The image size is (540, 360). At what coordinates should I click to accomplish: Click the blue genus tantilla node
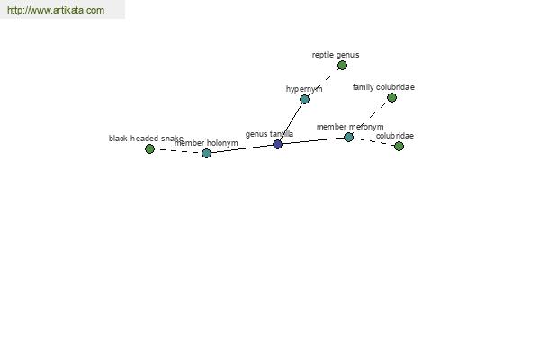tap(277, 144)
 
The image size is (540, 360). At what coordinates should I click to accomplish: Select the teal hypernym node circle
tap(304, 100)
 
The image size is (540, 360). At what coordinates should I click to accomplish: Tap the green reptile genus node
tap(342, 65)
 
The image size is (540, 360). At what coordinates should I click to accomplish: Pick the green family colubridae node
tap(391, 98)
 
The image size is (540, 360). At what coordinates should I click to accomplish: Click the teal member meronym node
tap(349, 137)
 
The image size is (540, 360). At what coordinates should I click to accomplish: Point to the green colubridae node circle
tap(399, 147)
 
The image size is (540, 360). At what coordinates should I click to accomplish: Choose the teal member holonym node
tap(206, 153)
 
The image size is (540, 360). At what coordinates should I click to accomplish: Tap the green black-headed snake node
tap(149, 148)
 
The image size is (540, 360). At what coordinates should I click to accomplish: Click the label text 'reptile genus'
tap(336, 55)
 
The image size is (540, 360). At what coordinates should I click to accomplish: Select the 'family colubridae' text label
tap(383, 87)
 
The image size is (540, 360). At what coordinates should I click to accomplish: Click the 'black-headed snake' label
tap(146, 139)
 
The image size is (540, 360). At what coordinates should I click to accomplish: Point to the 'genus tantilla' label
tap(269, 134)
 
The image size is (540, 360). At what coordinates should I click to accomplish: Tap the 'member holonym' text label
tap(206, 143)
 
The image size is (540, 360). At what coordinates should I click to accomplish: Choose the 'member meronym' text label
tap(350, 127)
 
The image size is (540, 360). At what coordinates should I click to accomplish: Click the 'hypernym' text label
tap(304, 89)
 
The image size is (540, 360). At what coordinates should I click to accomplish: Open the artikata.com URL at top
tap(56, 10)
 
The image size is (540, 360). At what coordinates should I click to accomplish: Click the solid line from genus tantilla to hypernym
tap(291, 122)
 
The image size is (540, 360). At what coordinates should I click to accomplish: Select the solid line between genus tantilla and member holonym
tap(242, 148)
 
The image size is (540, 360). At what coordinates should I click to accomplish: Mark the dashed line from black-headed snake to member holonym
tap(178, 151)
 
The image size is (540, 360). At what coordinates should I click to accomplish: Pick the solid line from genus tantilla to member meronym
tap(313, 141)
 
